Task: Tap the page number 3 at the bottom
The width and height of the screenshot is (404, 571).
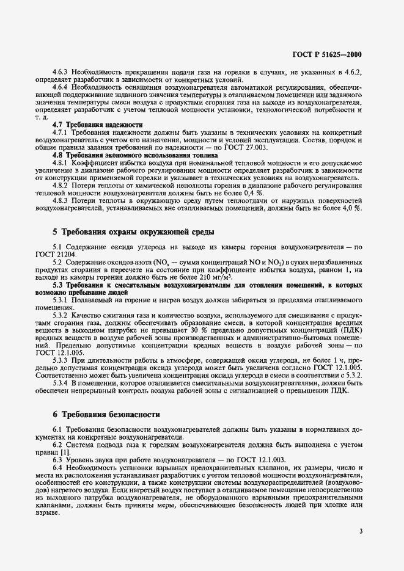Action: [361, 531]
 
